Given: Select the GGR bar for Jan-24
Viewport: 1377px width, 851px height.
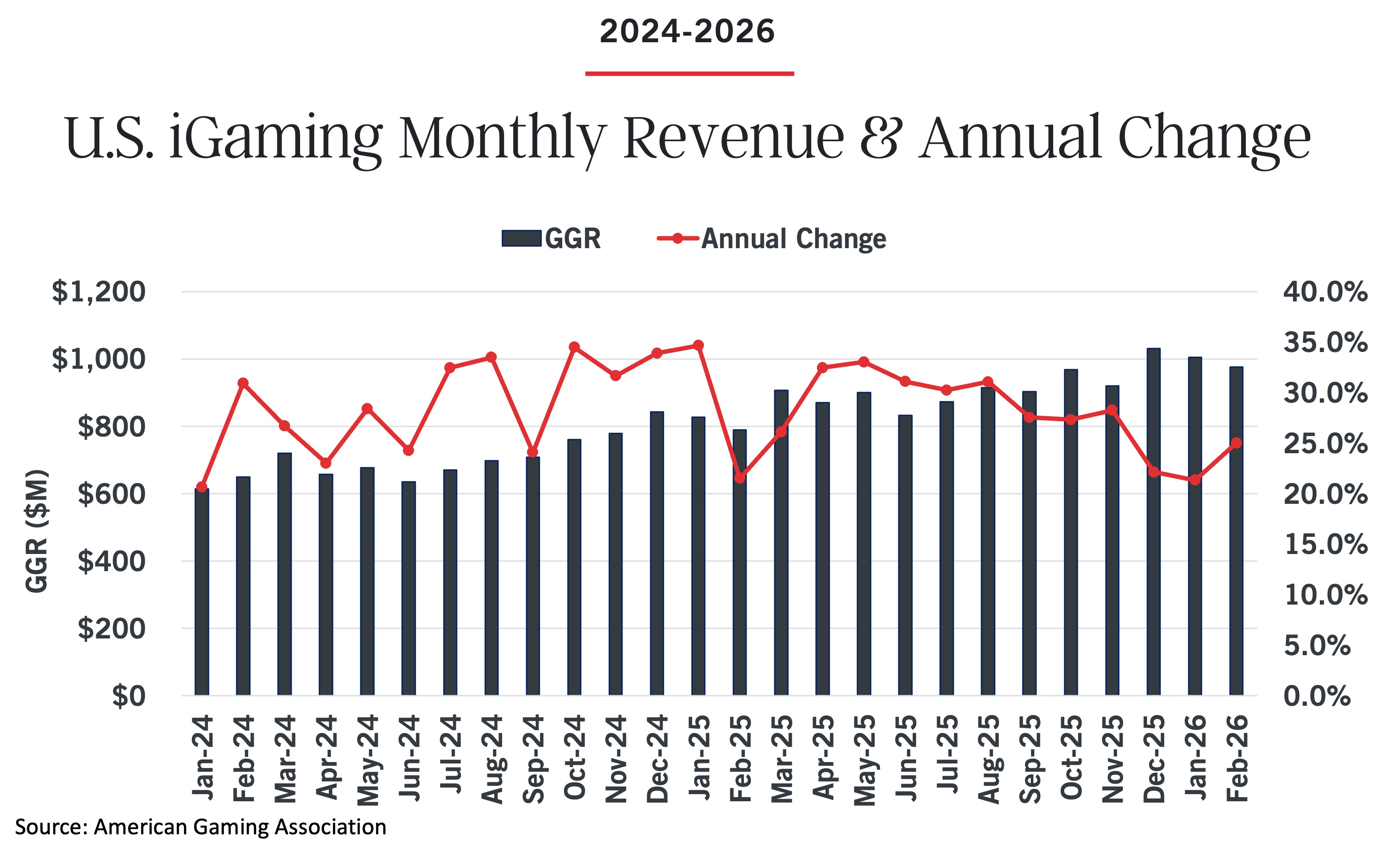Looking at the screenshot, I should (201, 591).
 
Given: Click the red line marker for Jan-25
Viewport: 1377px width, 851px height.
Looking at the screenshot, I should (698, 345).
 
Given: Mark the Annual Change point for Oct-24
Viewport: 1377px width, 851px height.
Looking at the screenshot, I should (574, 347).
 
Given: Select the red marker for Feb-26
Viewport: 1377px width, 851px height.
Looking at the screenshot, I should (1236, 443).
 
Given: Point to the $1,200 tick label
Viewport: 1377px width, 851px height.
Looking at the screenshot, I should (99, 292).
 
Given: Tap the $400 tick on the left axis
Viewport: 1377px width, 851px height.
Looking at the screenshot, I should (111, 561).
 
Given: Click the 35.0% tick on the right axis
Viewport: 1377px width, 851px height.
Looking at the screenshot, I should (1325, 342).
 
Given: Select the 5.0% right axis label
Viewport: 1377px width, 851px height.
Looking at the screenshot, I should (1317, 646).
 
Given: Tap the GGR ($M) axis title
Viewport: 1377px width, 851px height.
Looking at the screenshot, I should (37, 531).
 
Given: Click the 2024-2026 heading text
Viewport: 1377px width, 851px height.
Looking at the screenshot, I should (687, 32).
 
